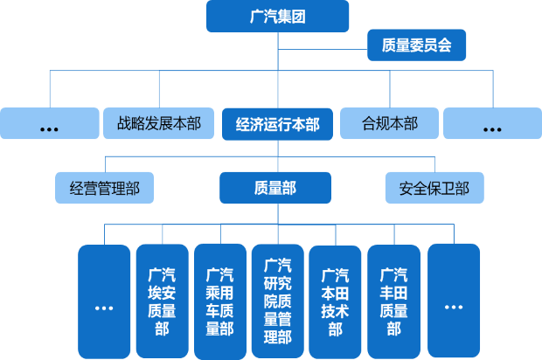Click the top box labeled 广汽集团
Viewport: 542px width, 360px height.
coord(277,16)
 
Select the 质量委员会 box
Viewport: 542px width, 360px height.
coord(416,45)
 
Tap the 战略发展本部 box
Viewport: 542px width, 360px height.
coord(158,124)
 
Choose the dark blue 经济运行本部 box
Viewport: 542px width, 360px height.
coord(277,124)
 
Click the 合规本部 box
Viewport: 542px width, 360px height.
coord(389,124)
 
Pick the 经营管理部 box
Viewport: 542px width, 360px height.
coord(104,187)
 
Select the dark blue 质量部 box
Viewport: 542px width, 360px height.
coord(275,187)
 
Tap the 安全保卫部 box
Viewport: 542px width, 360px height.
coord(434,187)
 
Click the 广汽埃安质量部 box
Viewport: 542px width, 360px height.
coord(162,301)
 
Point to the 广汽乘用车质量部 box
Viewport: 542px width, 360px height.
coord(219,301)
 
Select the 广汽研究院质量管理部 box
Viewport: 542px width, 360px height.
coord(277,301)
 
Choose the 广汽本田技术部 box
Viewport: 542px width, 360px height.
coord(335,301)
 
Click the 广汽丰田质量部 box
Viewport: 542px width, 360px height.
coord(393,301)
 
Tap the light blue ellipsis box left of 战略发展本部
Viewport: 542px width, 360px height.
coord(49,124)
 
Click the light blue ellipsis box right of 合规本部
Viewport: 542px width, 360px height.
coord(492,124)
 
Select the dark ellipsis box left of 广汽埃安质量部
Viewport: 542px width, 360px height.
coord(104,301)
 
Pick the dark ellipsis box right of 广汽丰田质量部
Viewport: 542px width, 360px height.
coord(453,301)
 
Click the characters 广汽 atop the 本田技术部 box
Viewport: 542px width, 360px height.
coord(335,274)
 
